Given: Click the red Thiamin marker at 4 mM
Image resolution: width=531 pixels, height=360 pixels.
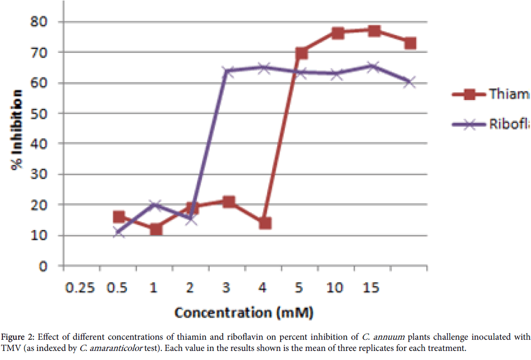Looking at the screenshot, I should click(265, 223).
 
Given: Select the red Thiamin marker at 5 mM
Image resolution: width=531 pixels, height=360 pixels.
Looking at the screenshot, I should click(302, 53).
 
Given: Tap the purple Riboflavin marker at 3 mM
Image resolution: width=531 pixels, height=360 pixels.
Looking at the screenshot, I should click(228, 71).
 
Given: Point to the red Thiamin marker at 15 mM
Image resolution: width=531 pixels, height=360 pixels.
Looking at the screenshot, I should click(374, 30).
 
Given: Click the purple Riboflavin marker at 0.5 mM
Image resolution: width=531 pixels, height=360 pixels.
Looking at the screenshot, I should click(119, 233).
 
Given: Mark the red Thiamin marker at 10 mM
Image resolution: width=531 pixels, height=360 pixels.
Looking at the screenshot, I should click(338, 33).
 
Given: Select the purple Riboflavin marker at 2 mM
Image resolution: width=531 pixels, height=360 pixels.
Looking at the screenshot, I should click(192, 220).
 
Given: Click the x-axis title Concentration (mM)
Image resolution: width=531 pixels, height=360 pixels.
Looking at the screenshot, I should click(244, 312).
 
